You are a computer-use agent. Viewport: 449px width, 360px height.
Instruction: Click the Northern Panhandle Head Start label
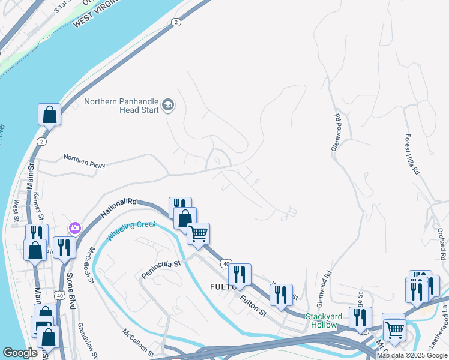tap(121, 106)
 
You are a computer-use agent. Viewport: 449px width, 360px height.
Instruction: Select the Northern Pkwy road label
tap(84, 161)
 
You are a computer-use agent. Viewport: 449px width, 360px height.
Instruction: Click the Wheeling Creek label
tap(131, 231)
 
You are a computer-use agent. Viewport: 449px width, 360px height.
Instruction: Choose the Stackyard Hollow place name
tap(325, 320)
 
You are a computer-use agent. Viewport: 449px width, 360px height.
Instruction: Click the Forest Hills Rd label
tap(412, 154)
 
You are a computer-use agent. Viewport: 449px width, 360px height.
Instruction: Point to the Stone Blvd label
tap(71, 290)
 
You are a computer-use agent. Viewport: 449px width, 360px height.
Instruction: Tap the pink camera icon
tap(74, 227)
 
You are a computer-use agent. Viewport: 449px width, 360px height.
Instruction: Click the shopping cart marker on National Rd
tap(199, 232)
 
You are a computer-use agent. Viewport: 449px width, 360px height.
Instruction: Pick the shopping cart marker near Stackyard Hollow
tap(394, 328)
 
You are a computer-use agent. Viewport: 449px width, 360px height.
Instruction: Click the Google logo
tap(20, 353)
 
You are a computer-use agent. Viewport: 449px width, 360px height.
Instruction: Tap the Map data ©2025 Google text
tap(412, 355)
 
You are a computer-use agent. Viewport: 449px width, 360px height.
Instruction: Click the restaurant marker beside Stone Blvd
tap(64, 247)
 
